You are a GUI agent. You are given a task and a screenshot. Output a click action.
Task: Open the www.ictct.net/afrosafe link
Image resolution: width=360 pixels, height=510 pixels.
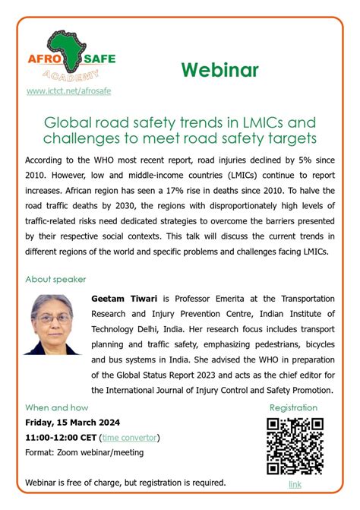point(68,91)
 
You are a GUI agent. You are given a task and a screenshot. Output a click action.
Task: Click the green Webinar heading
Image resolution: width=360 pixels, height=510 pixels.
point(219,70)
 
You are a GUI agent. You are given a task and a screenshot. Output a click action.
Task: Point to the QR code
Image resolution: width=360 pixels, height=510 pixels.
point(295,446)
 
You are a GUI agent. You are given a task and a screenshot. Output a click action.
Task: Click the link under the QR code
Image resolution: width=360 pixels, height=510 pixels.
point(295,484)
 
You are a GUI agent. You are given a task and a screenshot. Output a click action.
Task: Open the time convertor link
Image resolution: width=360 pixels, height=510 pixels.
point(130,437)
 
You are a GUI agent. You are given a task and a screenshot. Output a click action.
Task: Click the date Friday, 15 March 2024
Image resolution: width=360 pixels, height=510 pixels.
point(73,423)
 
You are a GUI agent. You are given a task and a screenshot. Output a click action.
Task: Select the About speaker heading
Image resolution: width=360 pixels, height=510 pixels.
point(55,280)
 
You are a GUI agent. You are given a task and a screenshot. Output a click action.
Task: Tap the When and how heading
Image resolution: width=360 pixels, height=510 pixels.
point(57,407)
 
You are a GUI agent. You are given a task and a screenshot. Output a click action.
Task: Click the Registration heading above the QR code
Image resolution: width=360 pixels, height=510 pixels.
point(293,407)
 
